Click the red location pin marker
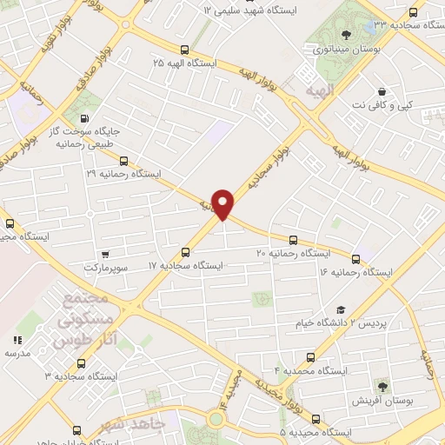[x=224, y=203]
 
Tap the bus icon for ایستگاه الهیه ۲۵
[x=183, y=50]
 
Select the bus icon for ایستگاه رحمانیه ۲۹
[x=123, y=161]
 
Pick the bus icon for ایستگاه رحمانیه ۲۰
[x=292, y=240]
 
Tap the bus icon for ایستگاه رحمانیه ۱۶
[x=355, y=259]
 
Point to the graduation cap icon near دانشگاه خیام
[x=341, y=310]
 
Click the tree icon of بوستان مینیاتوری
[x=346, y=36]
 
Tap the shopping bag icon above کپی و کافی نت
[x=382, y=91]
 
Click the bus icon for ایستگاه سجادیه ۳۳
[x=412, y=13]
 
